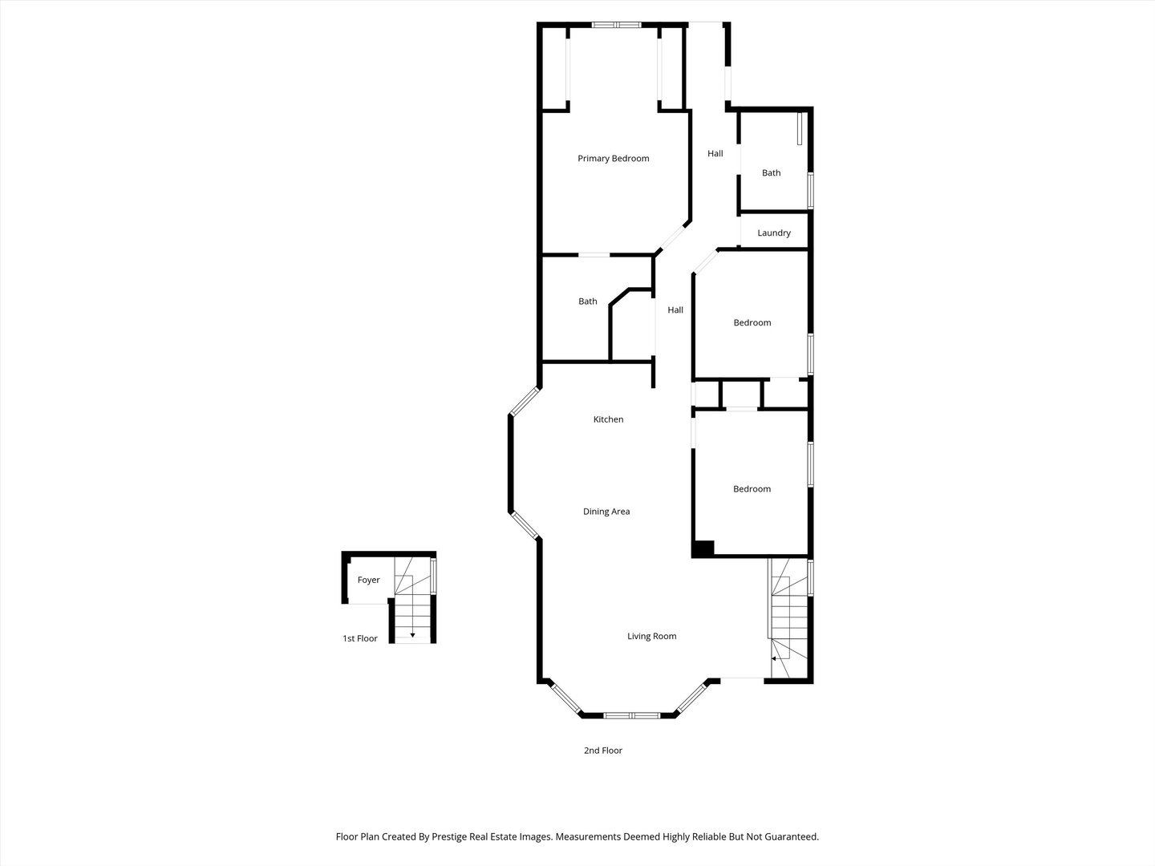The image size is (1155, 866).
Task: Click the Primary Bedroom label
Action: tap(614, 159)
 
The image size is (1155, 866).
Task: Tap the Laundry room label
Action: tap(774, 233)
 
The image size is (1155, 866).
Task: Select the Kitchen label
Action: tap(608, 419)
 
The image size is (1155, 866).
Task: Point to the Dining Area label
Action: tap(606, 512)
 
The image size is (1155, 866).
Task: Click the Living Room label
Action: tap(651, 637)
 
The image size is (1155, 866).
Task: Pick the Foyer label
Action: tap(368, 581)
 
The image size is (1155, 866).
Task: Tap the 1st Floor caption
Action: tap(360, 639)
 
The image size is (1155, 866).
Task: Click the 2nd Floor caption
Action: tap(602, 751)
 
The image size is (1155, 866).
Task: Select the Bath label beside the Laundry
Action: tap(771, 173)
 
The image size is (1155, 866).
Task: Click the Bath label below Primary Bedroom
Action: tap(588, 302)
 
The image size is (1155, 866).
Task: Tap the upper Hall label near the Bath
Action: tap(715, 154)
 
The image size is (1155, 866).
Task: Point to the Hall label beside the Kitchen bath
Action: tap(675, 310)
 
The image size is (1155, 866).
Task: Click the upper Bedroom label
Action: tap(752, 323)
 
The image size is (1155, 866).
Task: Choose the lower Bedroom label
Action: tap(752, 489)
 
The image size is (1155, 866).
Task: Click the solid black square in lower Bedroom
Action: tap(703, 549)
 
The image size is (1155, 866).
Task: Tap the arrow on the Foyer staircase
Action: tap(412, 634)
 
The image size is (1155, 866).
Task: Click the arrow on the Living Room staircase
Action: tap(775, 658)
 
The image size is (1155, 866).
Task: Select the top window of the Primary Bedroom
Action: tap(616, 25)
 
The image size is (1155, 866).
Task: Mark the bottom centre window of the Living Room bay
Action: tap(631, 714)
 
